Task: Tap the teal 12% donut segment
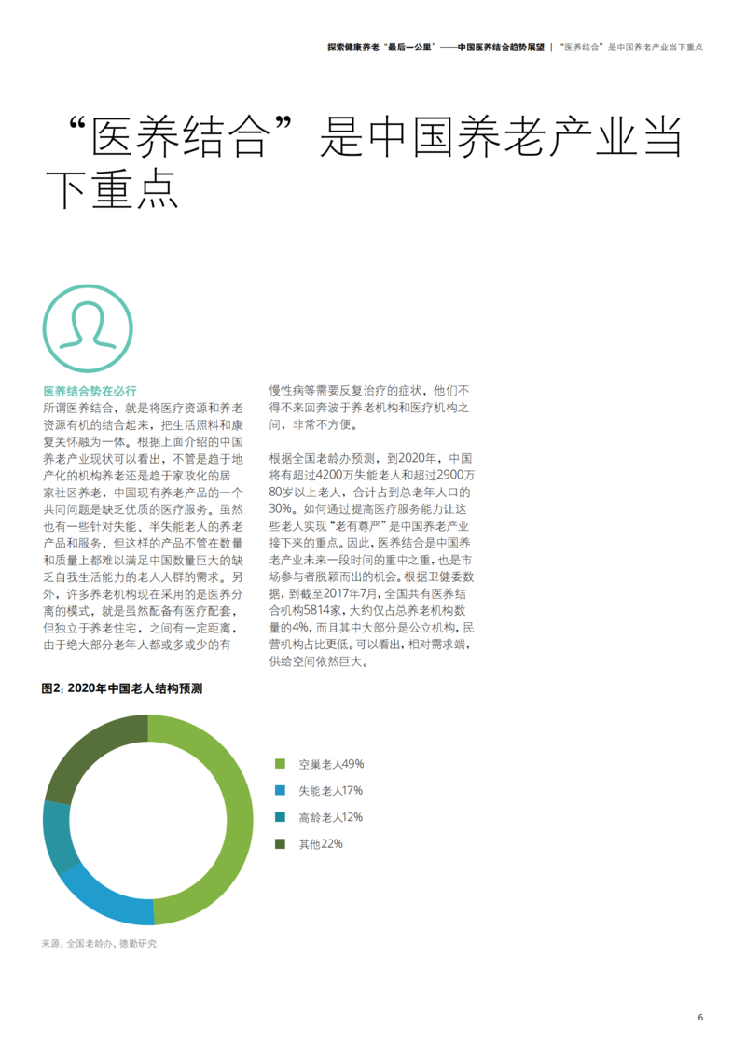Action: pos(58,835)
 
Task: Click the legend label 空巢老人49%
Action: pos(331,764)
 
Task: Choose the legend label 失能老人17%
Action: pos(330,791)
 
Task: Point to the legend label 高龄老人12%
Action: pos(330,817)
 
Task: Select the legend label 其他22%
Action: pos(321,844)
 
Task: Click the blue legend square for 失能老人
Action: pos(280,791)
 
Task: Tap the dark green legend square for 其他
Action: pos(280,844)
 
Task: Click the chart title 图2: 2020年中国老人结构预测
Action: pos(122,689)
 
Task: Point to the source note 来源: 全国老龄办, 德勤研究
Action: pos(99,944)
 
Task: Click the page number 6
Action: pos(700,1017)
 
